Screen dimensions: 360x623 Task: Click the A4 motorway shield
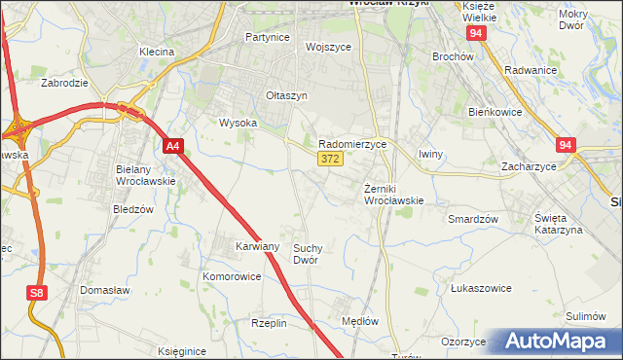pyautogui.click(x=172, y=147)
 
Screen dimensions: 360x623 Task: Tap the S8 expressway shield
pyautogui.click(x=36, y=293)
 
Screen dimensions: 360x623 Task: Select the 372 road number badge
pyautogui.click(x=329, y=159)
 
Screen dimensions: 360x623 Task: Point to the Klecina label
pyautogui.click(x=156, y=52)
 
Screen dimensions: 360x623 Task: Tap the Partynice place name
pyautogui.click(x=268, y=37)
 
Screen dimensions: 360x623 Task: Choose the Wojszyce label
pyautogui.click(x=327, y=47)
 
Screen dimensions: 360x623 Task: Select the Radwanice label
pyautogui.click(x=531, y=70)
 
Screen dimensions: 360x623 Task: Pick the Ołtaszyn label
pyautogui.click(x=286, y=95)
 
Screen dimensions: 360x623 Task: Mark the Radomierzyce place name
pyautogui.click(x=352, y=143)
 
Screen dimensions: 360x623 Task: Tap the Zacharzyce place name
pyautogui.click(x=529, y=166)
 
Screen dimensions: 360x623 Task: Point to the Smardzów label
pyautogui.click(x=473, y=219)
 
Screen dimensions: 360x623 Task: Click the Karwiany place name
pyautogui.click(x=257, y=247)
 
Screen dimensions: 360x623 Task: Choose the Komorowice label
pyautogui.click(x=232, y=276)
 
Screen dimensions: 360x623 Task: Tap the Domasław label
pyautogui.click(x=105, y=290)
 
